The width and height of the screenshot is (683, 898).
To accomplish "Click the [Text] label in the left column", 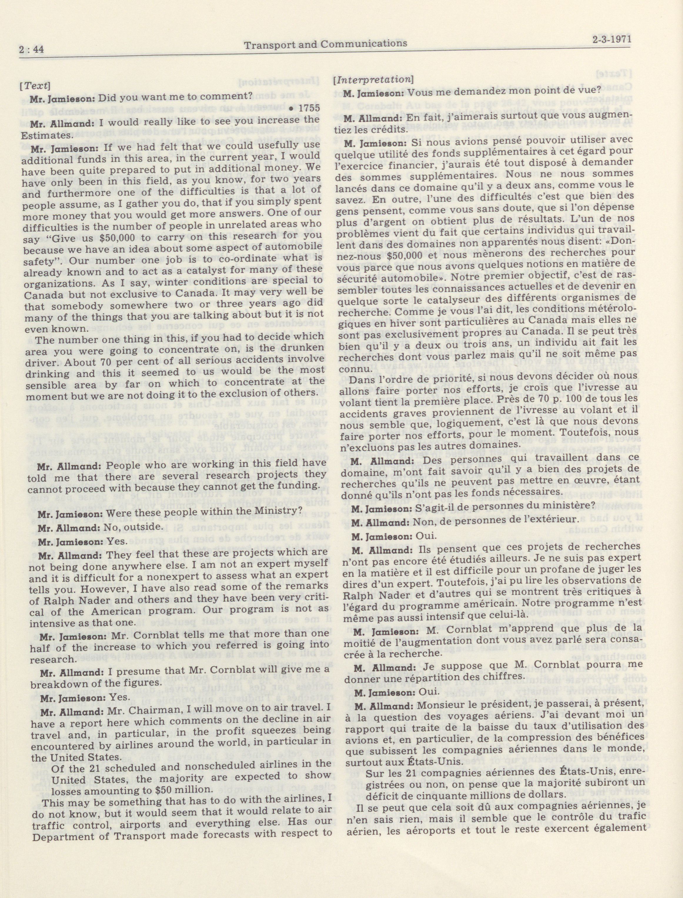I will click(35, 86).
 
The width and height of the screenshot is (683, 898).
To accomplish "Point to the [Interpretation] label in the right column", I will click(373, 80).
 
